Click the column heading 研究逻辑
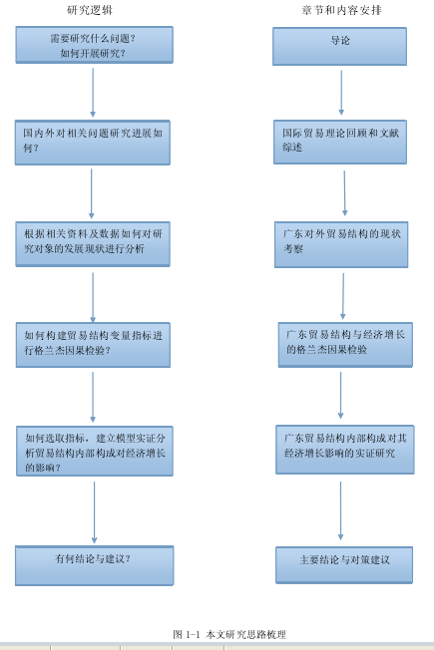point(90,10)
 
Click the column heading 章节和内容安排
point(341,10)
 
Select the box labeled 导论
point(339,47)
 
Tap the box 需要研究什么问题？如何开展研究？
point(94,45)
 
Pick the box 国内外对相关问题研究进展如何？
point(93,143)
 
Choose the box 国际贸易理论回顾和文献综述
point(340,143)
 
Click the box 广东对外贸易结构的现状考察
point(341,244)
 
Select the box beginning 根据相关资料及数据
point(93,244)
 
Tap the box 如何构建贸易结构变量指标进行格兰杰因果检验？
point(93,345)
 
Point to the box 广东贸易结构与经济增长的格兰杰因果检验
point(345,345)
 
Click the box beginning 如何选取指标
point(95,451)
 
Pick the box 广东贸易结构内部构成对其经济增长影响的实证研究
point(345,450)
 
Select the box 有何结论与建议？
point(94,566)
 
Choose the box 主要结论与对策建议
point(344,565)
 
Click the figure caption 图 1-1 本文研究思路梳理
point(229,634)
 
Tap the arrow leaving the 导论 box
point(341,93)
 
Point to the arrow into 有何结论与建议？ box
point(94,512)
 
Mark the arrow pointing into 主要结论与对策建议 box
point(340,510)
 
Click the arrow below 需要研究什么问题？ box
point(93,93)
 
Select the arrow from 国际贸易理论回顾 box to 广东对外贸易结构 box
point(344,193)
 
